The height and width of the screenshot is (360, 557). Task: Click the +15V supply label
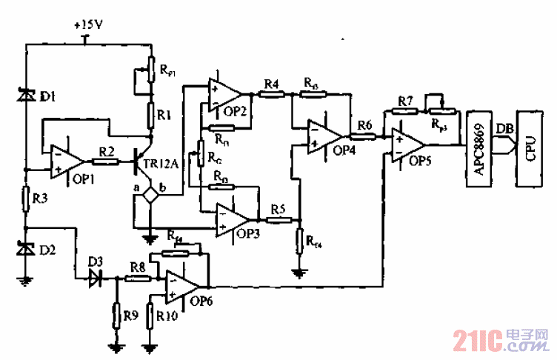pyautogui.click(x=88, y=24)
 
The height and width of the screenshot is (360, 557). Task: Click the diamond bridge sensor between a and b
pyautogui.click(x=150, y=196)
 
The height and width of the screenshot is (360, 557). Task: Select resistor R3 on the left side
pyautogui.click(x=26, y=198)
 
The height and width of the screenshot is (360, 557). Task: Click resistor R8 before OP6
pyautogui.click(x=136, y=279)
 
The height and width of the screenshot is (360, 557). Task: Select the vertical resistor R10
pyautogui.click(x=150, y=316)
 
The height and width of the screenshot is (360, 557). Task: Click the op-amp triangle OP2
pyautogui.click(x=225, y=95)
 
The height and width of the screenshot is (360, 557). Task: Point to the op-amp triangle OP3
pyautogui.click(x=231, y=220)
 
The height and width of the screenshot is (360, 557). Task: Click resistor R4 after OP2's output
pyautogui.click(x=270, y=95)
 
